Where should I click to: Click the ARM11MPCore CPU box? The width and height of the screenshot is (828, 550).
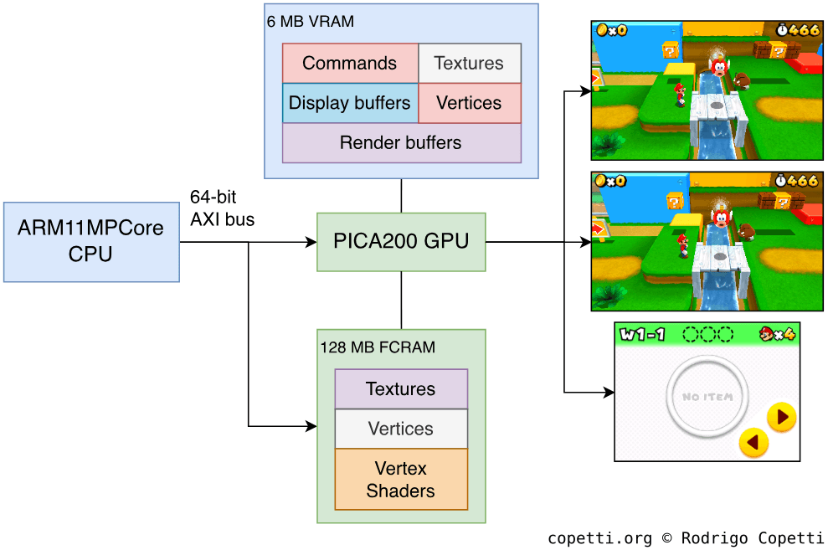click(x=91, y=241)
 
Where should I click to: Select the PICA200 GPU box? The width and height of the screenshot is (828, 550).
click(x=401, y=241)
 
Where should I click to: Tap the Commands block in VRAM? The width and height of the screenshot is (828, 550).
click(x=350, y=64)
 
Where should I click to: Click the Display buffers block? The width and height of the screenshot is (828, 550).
click(x=350, y=103)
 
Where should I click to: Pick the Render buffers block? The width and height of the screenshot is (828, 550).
click(x=401, y=143)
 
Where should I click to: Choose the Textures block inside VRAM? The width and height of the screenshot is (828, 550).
click(x=469, y=64)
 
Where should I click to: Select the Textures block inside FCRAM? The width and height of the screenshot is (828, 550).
click(x=401, y=389)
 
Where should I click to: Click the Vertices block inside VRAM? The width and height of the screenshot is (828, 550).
click(x=469, y=103)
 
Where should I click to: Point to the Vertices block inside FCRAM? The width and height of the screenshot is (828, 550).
click(x=401, y=429)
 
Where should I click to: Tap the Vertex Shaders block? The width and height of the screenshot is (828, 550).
click(x=401, y=480)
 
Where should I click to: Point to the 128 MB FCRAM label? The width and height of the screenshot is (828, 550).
click(x=378, y=347)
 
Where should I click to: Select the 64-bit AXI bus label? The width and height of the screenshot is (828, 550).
click(x=223, y=208)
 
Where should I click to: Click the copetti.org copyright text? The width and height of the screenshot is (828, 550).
click(x=685, y=537)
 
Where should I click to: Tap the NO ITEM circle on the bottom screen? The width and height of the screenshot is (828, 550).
click(x=707, y=397)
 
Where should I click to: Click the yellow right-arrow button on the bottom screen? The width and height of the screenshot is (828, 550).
click(x=781, y=416)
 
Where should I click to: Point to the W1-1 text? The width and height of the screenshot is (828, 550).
click(x=643, y=335)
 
